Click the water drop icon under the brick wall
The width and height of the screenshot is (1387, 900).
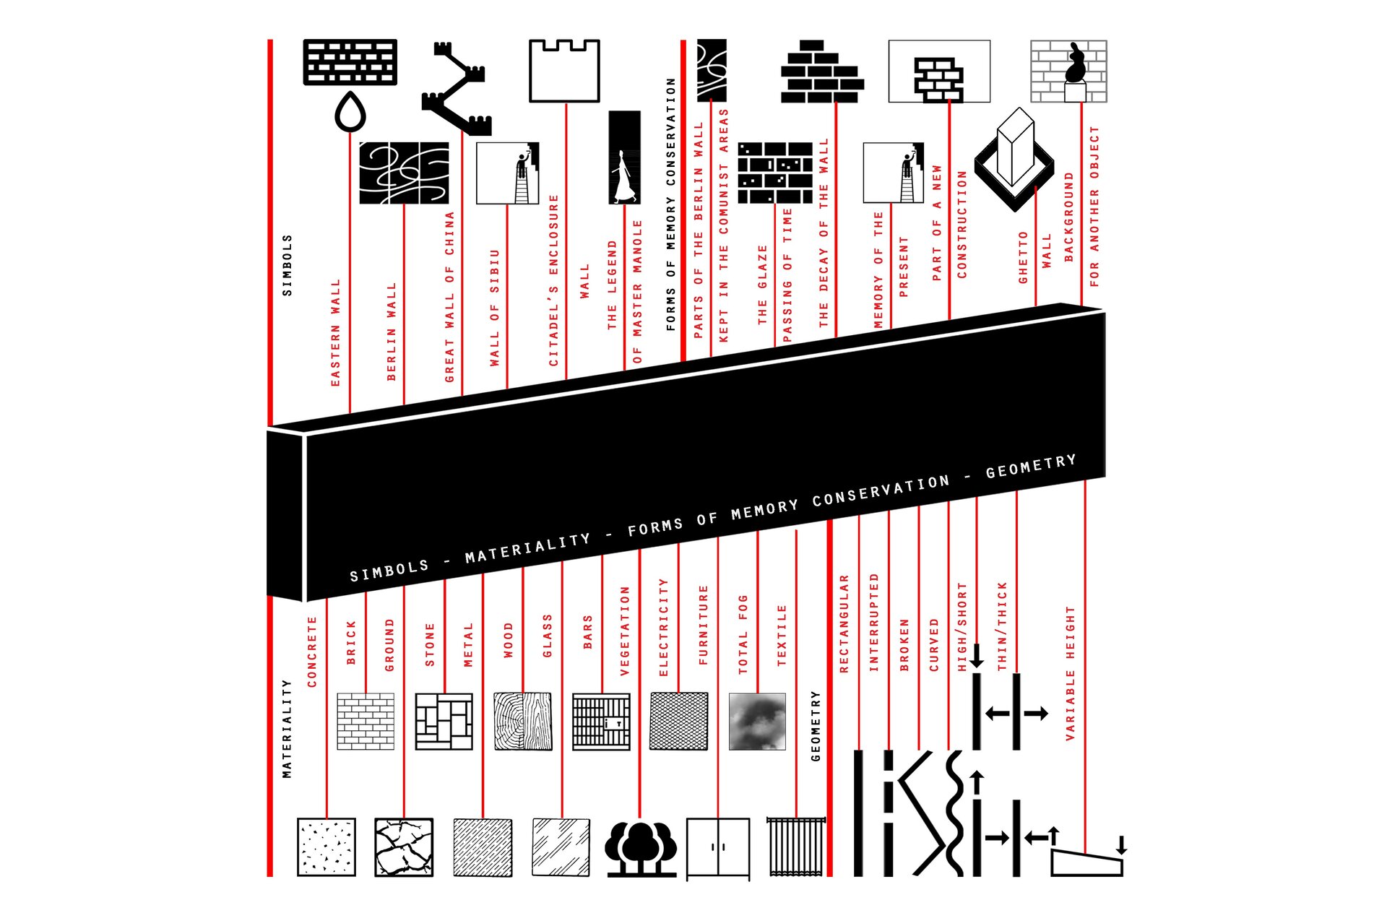pyautogui.click(x=350, y=112)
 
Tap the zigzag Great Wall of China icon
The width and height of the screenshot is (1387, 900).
pyautogui.click(x=457, y=89)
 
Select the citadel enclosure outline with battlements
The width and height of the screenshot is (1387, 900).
pyautogui.click(x=564, y=71)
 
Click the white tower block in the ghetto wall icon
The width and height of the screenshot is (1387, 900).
pyautogui.click(x=1015, y=147)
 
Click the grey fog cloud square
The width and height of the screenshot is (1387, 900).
pyautogui.click(x=757, y=722)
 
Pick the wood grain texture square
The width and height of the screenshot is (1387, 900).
pyautogui.click(x=523, y=722)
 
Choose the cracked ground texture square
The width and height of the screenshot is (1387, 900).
pyautogui.click(x=404, y=847)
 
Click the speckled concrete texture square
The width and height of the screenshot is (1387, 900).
pyautogui.click(x=327, y=847)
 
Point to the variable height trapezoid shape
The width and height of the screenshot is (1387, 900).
pyautogui.click(x=1086, y=863)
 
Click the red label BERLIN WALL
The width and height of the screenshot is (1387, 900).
pyautogui.click(x=392, y=332)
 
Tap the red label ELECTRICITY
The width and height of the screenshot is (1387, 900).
pyautogui.click(x=664, y=628)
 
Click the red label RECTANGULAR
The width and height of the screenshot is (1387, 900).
pyautogui.click(x=844, y=624)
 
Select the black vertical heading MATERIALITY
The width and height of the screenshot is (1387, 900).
pyautogui.click(x=287, y=729)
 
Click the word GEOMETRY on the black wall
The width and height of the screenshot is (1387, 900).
pyautogui.click(x=1031, y=467)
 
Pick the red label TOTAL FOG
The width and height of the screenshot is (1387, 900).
pyautogui.click(x=743, y=635)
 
